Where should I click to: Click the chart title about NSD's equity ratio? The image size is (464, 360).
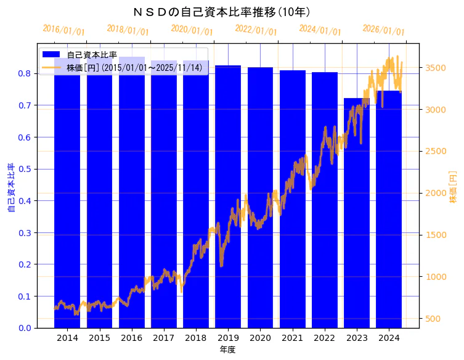[x=221, y=12]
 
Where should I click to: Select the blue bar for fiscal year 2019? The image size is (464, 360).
[x=228, y=197]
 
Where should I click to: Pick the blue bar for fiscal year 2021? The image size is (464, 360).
[x=292, y=197]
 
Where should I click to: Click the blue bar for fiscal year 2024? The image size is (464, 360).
[x=389, y=210]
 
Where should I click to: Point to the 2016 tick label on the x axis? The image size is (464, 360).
[x=131, y=338]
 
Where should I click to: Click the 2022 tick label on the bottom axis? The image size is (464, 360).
[x=325, y=338]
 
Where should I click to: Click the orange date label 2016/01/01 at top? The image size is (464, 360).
[x=63, y=30]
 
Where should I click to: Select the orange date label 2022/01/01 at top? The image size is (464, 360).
[x=256, y=30]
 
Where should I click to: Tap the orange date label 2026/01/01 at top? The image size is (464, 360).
[x=383, y=30]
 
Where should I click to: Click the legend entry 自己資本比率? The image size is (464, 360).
[x=92, y=55]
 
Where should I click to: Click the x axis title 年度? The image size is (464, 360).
[x=227, y=350]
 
